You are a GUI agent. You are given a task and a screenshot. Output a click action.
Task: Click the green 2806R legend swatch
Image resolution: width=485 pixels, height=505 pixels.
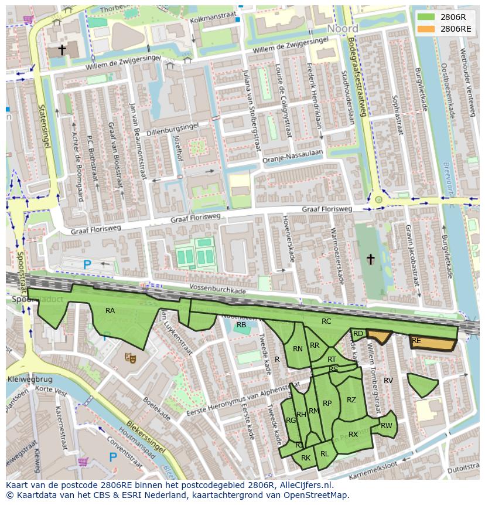[x=426, y=17]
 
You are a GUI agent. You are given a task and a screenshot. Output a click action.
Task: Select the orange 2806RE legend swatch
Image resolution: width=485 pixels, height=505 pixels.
[x=426, y=28]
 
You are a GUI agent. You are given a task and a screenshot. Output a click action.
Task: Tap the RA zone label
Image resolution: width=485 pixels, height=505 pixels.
[x=110, y=311]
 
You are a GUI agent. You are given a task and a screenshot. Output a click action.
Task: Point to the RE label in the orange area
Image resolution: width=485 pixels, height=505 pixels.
[x=416, y=341]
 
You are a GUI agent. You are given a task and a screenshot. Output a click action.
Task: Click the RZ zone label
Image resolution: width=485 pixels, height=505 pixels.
[x=351, y=400]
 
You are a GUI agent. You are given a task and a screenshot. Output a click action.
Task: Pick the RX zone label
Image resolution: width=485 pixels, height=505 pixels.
[x=353, y=435]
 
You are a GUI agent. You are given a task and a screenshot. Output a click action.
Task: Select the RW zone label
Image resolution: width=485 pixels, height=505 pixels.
[x=386, y=426]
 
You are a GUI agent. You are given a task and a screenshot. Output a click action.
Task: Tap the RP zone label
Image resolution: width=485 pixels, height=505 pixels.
[x=327, y=404]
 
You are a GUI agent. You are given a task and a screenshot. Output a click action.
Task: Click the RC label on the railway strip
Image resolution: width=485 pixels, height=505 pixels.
[x=326, y=321]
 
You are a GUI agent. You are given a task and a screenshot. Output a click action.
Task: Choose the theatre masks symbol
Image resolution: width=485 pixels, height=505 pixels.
[x=130, y=356]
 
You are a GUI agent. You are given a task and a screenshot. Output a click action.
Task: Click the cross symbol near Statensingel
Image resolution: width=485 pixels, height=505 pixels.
[x=62, y=50]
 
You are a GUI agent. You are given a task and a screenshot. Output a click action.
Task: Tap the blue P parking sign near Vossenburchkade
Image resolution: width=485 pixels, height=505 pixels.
[x=87, y=265]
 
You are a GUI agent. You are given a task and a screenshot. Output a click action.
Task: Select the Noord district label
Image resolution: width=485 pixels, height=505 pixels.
[x=343, y=29]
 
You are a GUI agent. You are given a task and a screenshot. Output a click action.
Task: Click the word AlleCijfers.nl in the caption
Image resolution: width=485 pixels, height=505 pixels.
[x=304, y=485]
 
